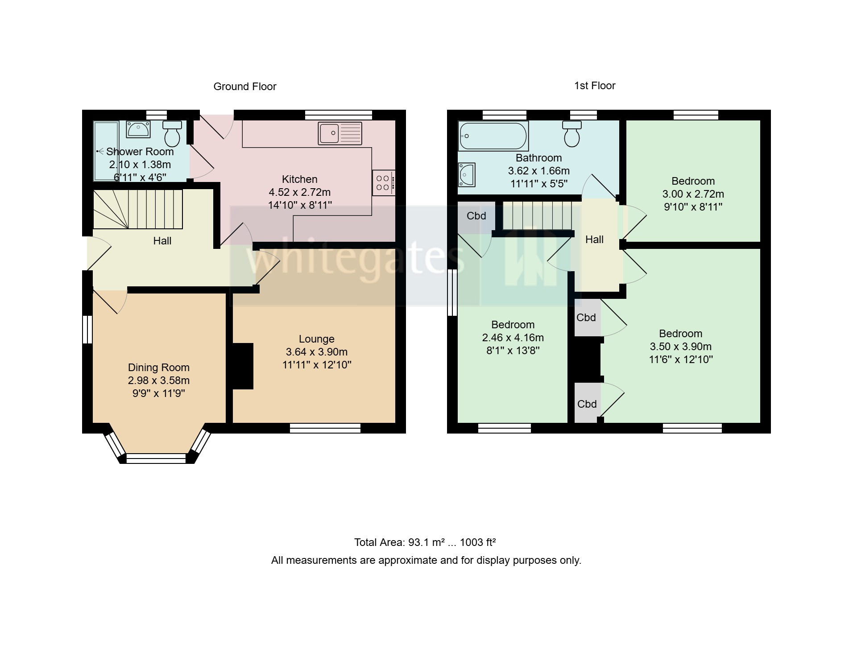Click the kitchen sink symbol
point(340,133)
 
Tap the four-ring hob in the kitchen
point(383,183)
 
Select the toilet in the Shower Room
point(172,133)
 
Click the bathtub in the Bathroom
point(493,136)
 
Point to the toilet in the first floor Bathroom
point(572,133)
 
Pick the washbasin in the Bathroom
point(467,174)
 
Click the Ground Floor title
point(244,87)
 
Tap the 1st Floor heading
point(594,86)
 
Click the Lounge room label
point(316,339)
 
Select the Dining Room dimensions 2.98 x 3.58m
point(158,380)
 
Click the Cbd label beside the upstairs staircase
point(476,216)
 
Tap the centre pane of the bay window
point(156,458)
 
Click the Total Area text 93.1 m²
point(425,542)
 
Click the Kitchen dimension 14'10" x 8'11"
point(299,205)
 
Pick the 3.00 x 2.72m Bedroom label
point(693,194)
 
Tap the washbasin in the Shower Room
point(138,129)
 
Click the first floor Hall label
point(594,240)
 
